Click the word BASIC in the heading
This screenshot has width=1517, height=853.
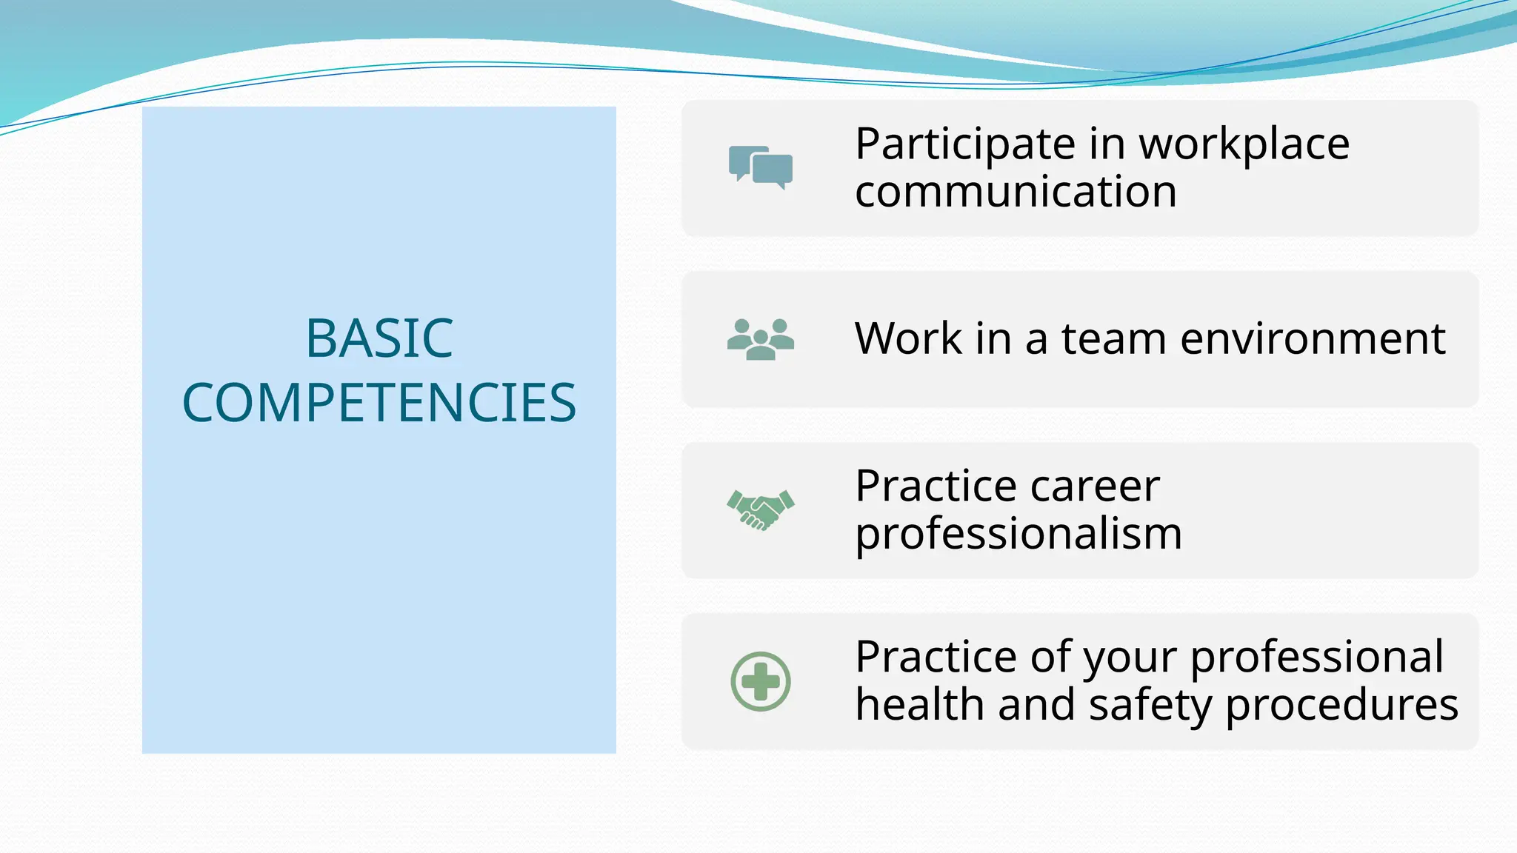(x=379, y=338)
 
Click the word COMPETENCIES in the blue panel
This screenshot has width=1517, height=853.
(x=379, y=403)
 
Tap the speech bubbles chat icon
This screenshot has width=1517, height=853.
(x=761, y=167)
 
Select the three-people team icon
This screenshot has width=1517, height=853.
(x=761, y=339)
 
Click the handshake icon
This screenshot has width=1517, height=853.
(x=761, y=509)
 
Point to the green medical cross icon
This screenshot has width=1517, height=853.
(x=761, y=681)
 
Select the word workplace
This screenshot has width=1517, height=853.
(x=1244, y=144)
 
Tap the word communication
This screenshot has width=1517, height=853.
(x=1016, y=192)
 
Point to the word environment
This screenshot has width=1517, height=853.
(x=1312, y=338)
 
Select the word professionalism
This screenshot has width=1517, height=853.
(x=1018, y=534)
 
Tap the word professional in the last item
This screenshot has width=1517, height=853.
(x=1316, y=658)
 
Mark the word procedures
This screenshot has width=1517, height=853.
(x=1341, y=706)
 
